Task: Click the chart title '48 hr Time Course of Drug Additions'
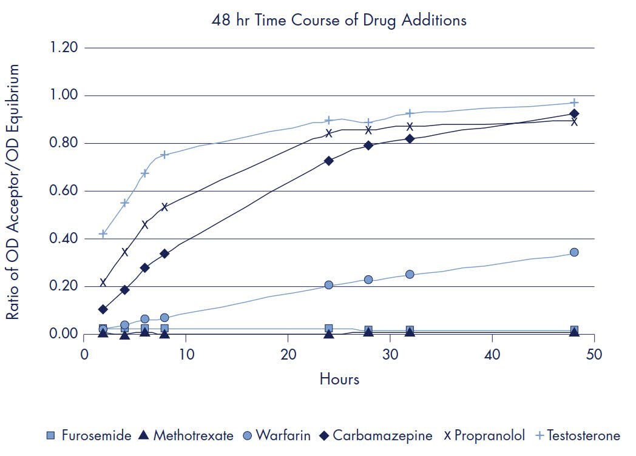339,20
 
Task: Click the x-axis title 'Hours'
339,380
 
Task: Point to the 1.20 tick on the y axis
64,48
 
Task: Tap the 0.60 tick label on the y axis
64,191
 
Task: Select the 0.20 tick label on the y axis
64,286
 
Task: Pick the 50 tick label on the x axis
594,354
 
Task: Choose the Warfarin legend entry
276,435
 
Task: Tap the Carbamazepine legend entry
376,435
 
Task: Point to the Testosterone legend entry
577,435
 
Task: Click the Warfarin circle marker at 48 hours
574,252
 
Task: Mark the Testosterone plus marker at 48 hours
574,102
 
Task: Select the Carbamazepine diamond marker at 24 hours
329,161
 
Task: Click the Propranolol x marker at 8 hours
164,207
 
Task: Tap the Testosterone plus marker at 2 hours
103,233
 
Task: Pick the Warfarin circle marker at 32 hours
410,274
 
